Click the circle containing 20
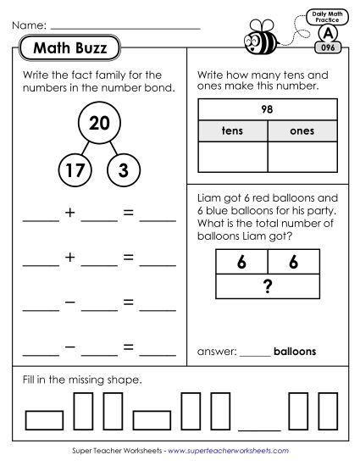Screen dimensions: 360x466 coord(98,124)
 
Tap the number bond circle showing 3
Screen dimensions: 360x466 coord(124,171)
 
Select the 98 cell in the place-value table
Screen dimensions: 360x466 coord(268,110)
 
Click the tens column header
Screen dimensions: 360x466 coord(232,131)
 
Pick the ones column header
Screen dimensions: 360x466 coord(302,131)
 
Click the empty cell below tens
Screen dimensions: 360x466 coord(232,158)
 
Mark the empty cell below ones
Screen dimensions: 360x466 coord(302,158)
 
